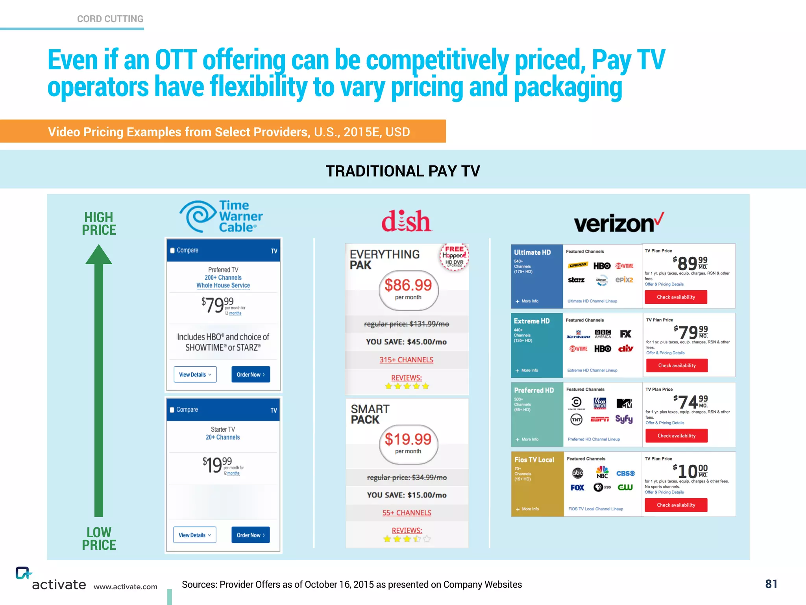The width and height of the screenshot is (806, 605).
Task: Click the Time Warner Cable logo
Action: pyautogui.click(x=221, y=216)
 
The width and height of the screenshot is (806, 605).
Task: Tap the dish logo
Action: pyautogui.click(x=407, y=221)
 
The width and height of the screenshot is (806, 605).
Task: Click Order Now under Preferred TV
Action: pyautogui.click(x=250, y=375)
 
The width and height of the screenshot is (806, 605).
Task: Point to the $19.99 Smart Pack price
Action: pyautogui.click(x=408, y=440)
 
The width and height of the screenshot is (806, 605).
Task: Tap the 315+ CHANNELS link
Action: pyautogui.click(x=406, y=360)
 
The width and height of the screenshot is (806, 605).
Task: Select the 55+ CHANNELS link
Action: pyautogui.click(x=407, y=513)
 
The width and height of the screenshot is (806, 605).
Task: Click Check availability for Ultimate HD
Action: pyautogui.click(x=676, y=297)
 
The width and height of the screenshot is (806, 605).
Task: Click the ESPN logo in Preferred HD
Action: pyautogui.click(x=599, y=419)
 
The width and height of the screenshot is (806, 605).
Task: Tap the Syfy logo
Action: pyautogui.click(x=624, y=419)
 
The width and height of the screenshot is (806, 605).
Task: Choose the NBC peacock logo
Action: pyautogui.click(x=602, y=472)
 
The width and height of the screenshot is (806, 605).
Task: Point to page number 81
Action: pyautogui.click(x=771, y=584)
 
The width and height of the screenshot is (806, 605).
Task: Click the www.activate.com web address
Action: pyautogui.click(x=125, y=587)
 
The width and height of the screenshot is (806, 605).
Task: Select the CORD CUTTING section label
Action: pyautogui.click(x=110, y=19)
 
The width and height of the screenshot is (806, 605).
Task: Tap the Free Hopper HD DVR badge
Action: pyautogui.click(x=454, y=257)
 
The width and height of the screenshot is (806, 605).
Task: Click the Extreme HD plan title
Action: pyautogui.click(x=532, y=321)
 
